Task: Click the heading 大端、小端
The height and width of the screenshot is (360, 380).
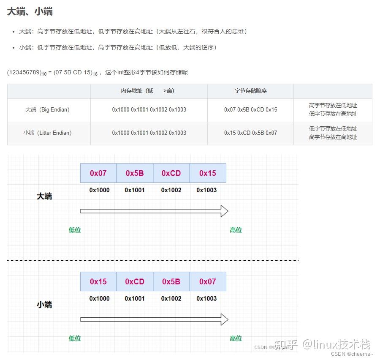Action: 30,11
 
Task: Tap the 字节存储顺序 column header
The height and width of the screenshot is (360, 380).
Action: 250,91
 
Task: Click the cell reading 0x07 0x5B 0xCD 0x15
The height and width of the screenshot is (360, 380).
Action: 250,110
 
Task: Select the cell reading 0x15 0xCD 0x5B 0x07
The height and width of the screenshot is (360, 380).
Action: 250,133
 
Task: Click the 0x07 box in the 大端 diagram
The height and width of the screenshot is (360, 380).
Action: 98,173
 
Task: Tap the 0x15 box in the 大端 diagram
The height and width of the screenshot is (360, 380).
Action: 208,173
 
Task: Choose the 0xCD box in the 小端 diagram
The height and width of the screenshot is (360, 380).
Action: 135,282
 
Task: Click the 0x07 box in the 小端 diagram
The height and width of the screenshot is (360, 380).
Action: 208,282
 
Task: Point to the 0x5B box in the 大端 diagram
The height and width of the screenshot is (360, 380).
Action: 135,173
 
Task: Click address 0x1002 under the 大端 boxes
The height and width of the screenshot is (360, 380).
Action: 171,190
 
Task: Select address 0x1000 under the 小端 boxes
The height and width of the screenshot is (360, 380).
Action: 99,299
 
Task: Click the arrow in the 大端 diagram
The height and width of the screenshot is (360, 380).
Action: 154,211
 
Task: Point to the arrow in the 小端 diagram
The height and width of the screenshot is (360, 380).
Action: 154,319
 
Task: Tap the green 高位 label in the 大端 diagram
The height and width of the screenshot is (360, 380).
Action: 236,230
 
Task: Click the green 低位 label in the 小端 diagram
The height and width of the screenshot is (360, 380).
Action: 75,338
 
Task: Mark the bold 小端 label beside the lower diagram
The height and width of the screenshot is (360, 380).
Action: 44,305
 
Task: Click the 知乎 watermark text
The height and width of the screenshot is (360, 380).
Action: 286,344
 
